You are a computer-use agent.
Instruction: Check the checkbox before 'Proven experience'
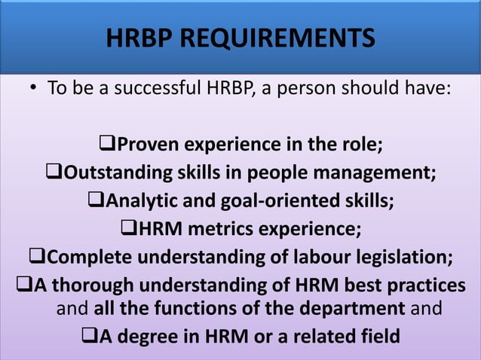[x=107, y=142]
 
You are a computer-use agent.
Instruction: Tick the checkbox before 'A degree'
[x=89, y=336]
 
